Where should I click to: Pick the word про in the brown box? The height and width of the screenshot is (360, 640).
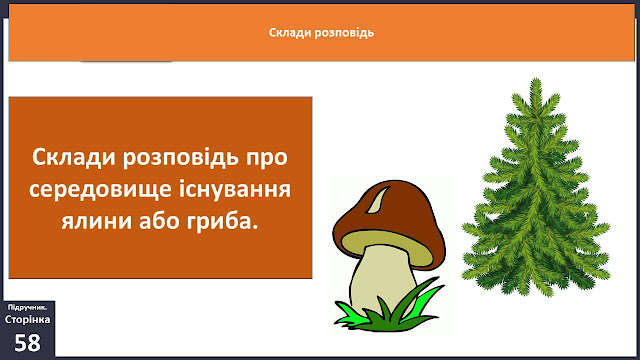[x=267, y=158]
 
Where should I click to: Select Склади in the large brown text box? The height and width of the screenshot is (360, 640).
[x=74, y=157]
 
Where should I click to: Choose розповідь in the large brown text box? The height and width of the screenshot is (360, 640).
[x=181, y=158]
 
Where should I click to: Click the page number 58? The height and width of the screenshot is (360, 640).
[x=27, y=342]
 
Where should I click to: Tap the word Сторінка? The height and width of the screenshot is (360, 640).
[x=27, y=319]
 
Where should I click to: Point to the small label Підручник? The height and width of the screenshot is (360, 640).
[x=27, y=307]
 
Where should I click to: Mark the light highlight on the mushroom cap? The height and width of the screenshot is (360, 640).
[x=378, y=200]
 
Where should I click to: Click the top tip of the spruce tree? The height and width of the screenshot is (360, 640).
[x=536, y=79]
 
